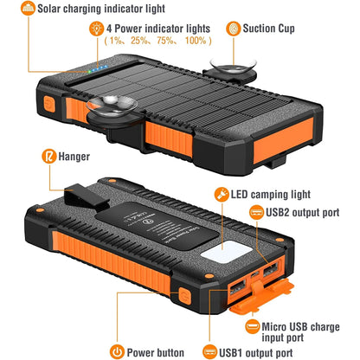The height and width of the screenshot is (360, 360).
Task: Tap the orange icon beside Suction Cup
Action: [235, 28]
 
